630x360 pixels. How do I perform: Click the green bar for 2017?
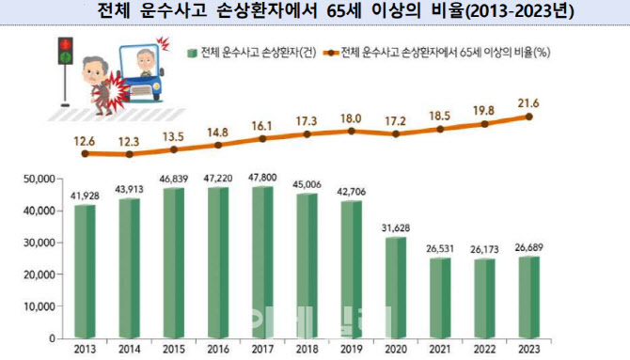(x=262, y=262)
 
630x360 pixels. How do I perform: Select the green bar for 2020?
(x=396, y=288)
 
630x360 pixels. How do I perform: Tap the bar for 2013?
(x=85, y=272)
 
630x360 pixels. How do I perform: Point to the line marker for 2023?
(x=528, y=117)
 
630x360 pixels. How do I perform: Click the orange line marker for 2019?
(x=352, y=131)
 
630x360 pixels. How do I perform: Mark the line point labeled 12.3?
(x=130, y=154)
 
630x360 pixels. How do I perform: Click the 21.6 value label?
(x=528, y=103)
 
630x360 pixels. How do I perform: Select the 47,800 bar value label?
(x=262, y=178)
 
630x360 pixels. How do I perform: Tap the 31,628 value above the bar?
(x=396, y=228)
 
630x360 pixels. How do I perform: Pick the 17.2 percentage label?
(x=395, y=121)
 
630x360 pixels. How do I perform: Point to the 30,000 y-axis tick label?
(x=39, y=243)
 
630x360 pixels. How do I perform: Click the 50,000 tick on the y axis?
(x=39, y=180)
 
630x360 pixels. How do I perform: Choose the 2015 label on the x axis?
(x=174, y=349)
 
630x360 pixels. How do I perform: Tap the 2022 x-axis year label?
(x=484, y=349)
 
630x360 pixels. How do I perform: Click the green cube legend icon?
(x=192, y=53)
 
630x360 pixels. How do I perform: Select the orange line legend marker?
(x=331, y=53)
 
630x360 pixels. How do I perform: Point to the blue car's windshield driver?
(x=146, y=62)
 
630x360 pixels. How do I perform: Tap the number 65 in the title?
(x=337, y=11)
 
